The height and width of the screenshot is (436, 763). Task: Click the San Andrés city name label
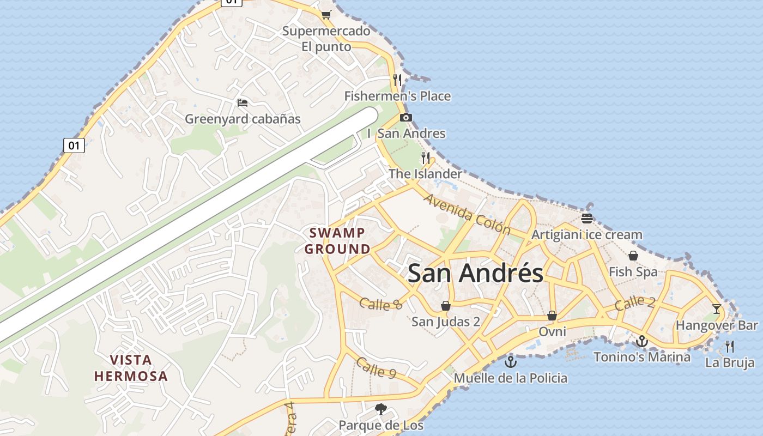[475, 273]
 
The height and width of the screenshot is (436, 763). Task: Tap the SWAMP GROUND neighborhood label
[337, 241]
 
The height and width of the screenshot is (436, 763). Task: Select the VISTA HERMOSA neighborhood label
[131, 368]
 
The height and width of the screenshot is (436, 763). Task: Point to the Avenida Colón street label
[467, 214]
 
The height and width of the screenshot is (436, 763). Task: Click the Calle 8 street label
[381, 304]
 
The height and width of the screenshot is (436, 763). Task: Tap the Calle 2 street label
[635, 303]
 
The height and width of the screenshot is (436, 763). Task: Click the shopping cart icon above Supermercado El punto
[326, 15]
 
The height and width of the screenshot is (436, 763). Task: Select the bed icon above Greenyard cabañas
[243, 102]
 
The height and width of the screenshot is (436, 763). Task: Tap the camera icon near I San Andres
[405, 117]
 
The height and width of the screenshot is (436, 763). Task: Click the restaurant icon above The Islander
[426, 158]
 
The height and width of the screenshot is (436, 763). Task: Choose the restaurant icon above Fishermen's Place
[397, 80]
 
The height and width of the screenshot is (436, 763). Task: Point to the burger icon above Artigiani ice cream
[587, 219]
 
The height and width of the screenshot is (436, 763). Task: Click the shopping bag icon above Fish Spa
[633, 255]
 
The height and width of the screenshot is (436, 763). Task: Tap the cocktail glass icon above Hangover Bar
[717, 309]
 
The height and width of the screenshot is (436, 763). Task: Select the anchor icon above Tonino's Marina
[642, 341]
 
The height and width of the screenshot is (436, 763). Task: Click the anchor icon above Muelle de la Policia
[511, 361]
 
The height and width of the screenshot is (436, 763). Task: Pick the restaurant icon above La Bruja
[730, 346]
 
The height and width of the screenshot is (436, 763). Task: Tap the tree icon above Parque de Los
[381, 409]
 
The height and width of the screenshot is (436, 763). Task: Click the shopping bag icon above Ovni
[552, 316]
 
